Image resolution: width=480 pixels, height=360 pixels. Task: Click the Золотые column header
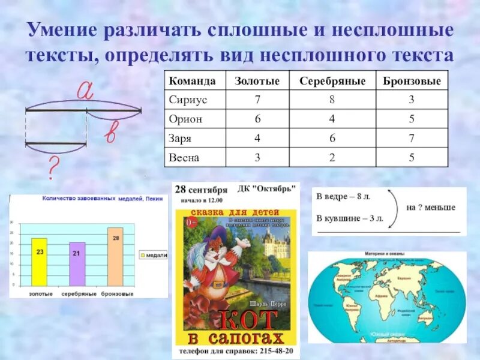pyautogui.click(x=257, y=81)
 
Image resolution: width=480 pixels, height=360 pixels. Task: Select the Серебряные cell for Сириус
pyautogui.click(x=332, y=100)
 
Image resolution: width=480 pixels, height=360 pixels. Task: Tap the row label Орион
pyautogui.click(x=186, y=119)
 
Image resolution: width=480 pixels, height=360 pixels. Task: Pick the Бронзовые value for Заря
pyautogui.click(x=412, y=138)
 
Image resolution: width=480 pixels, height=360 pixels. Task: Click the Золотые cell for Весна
pyautogui.click(x=257, y=157)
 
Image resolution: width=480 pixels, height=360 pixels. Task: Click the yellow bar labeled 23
pyautogui.click(x=40, y=262)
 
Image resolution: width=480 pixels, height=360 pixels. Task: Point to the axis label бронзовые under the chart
pyautogui.click(x=117, y=294)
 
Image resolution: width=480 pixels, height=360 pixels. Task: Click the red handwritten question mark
pyautogui.click(x=53, y=169)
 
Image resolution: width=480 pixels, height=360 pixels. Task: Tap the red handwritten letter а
pyautogui.click(x=86, y=91)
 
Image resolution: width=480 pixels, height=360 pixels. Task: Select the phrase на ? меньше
pyautogui.click(x=430, y=208)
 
